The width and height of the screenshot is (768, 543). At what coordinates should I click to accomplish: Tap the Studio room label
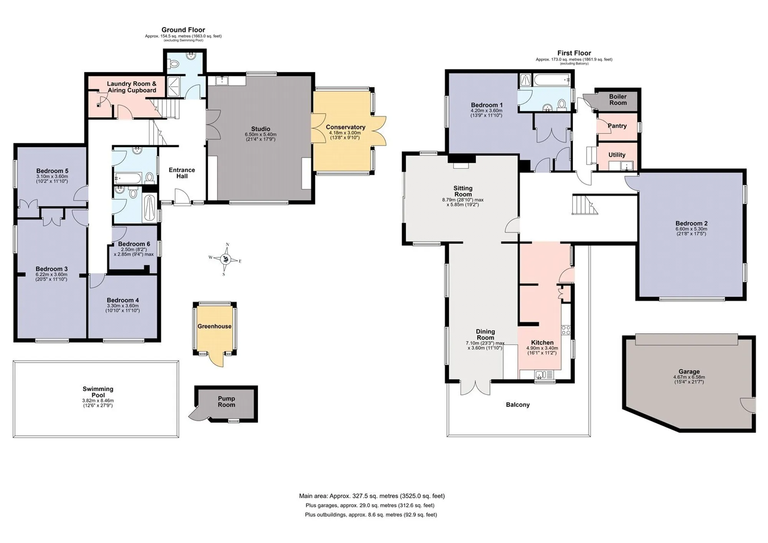[261, 129]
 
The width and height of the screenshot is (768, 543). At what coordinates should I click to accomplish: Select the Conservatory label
[346, 127]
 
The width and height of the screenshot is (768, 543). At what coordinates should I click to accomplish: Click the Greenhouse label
[215, 326]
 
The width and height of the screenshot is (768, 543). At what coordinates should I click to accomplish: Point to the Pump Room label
[227, 402]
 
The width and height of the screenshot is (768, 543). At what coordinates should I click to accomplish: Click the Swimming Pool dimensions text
[98, 403]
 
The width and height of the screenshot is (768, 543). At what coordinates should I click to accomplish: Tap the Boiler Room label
[618, 99]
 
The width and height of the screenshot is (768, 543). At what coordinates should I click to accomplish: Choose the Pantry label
[617, 126]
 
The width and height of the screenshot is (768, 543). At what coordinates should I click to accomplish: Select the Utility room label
[617, 155]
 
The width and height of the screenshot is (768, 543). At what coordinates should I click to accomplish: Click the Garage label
[689, 371]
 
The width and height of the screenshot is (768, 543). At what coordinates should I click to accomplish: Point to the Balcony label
[518, 405]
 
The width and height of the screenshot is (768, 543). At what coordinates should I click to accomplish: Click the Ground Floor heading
[183, 30]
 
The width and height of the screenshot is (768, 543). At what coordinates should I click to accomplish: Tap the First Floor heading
[574, 53]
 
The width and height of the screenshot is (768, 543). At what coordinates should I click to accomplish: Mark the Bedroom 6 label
[134, 244]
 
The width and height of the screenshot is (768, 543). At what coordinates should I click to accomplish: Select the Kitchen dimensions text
[542, 351]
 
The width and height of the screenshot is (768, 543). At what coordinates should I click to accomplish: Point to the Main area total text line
[372, 496]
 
